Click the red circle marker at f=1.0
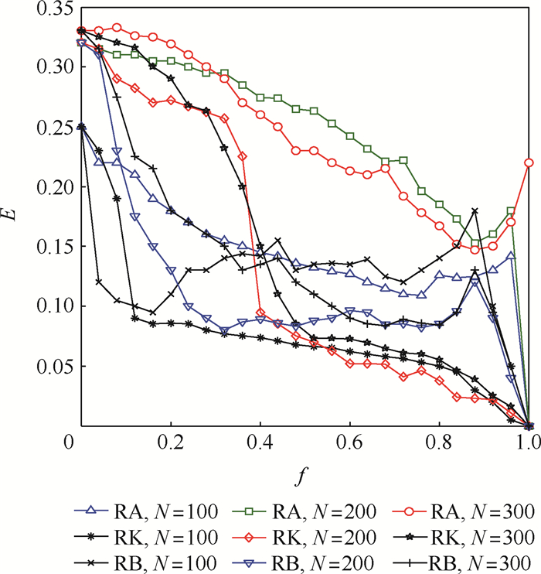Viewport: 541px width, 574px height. pyautogui.click(x=529, y=162)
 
